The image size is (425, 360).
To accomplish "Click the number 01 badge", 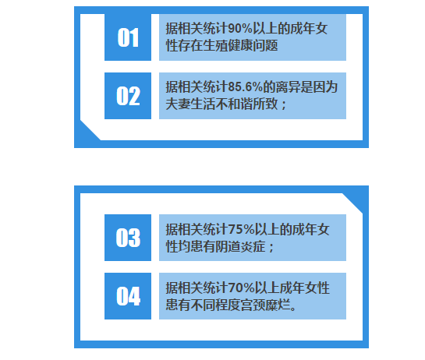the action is pos(128,37).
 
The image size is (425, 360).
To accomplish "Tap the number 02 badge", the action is pos(128,96).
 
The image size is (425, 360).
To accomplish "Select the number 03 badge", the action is pos(128,238).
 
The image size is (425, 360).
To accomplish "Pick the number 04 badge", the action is pos(128,296).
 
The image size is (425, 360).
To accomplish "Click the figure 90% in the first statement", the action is pos(240,29).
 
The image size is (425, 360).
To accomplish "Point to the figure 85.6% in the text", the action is pos(246,87).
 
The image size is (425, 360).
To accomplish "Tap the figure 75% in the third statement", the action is pos(241,229).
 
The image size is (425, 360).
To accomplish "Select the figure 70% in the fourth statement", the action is pos(241,288).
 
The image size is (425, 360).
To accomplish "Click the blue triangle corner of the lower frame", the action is pos(356,200).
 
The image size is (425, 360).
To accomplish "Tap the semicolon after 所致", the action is pos(284,105).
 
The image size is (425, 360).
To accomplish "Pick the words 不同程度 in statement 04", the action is pos(215,305).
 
